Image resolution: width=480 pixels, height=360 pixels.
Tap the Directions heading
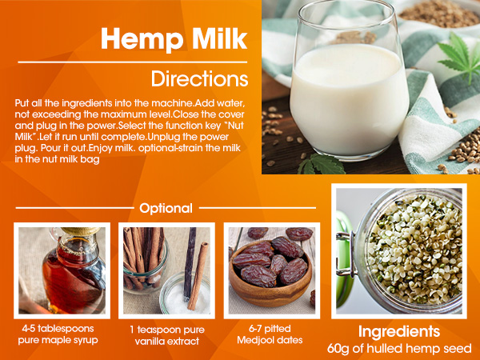point(199,79)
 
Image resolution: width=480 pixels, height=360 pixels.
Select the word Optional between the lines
point(166,208)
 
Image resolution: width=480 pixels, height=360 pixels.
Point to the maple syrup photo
point(62,270)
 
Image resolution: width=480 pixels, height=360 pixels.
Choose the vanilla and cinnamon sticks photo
point(166,270)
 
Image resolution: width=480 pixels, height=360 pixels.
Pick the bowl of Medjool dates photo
point(271,270)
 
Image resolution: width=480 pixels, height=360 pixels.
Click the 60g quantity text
point(341,349)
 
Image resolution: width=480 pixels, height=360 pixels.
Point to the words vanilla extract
point(166,342)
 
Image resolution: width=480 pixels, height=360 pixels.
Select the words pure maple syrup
point(62,341)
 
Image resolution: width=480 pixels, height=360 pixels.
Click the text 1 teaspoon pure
point(166,330)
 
